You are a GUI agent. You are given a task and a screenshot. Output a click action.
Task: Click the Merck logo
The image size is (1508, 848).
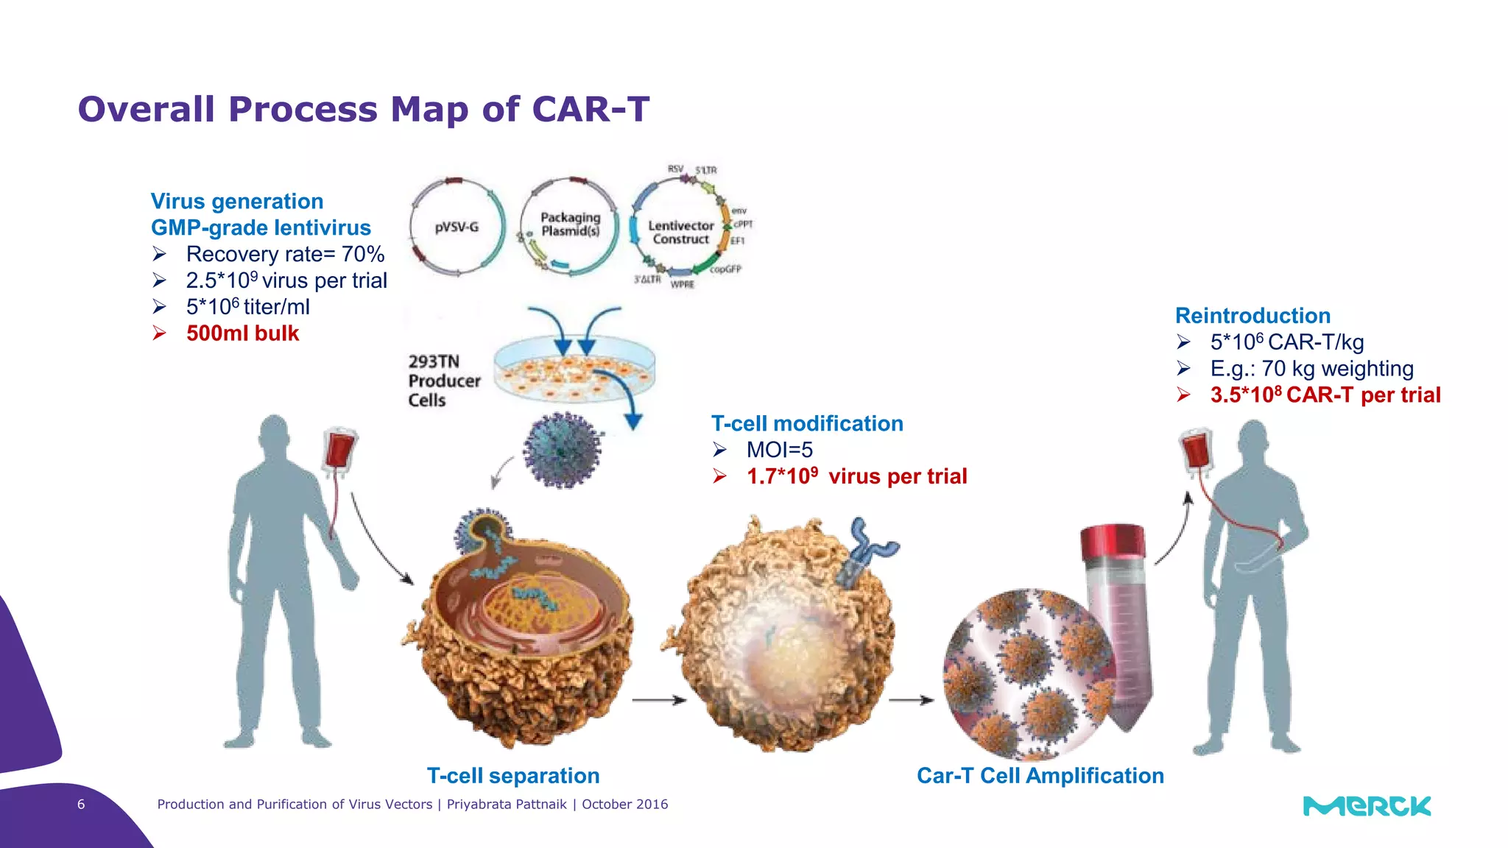pyautogui.click(x=1367, y=806)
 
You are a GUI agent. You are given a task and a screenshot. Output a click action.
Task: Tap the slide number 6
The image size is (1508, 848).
pyautogui.click(x=81, y=805)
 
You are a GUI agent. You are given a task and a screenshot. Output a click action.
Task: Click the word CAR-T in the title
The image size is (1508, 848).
pyautogui.click(x=591, y=109)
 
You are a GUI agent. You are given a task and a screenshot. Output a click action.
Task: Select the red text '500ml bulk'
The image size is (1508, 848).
pyautogui.click(x=242, y=333)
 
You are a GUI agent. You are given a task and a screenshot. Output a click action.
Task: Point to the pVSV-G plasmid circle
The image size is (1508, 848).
pyautogui.click(x=457, y=227)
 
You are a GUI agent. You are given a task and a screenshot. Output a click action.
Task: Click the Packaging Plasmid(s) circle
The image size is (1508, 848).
pyautogui.click(x=570, y=225)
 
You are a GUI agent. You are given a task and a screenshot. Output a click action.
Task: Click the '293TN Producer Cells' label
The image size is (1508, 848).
pyautogui.click(x=443, y=381)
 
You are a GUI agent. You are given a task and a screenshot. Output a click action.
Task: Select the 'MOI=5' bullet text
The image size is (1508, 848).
pyautogui.click(x=779, y=450)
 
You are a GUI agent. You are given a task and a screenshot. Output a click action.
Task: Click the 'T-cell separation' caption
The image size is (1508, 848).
pyautogui.click(x=513, y=776)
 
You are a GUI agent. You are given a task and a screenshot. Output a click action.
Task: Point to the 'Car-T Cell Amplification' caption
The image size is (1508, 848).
pyautogui.click(x=1040, y=776)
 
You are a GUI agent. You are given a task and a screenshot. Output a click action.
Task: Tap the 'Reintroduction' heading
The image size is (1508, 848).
pyautogui.click(x=1252, y=316)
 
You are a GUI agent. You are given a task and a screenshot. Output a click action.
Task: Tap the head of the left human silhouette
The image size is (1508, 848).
pyautogui.click(x=275, y=434)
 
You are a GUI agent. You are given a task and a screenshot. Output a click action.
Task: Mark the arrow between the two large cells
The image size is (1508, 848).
pyautogui.click(x=658, y=700)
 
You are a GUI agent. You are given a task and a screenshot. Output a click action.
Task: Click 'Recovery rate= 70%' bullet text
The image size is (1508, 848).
pyautogui.click(x=285, y=255)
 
